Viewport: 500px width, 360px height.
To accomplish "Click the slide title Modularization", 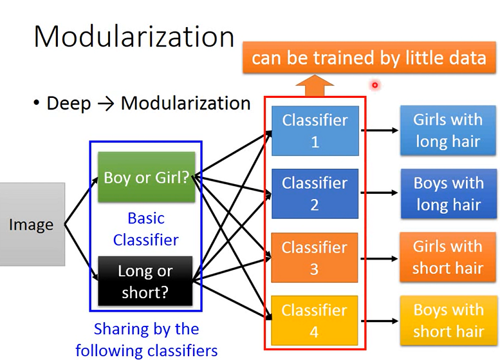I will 133,37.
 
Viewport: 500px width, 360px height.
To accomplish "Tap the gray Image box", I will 32,224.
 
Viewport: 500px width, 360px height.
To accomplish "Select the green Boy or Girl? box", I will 146,177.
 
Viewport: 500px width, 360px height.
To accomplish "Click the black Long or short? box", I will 145,281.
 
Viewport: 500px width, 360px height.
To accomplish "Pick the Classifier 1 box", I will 315,131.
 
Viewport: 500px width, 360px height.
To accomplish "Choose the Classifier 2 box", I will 315,194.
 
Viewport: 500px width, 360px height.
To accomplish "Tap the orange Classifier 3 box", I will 315,258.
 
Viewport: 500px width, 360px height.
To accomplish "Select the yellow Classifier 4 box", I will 315,321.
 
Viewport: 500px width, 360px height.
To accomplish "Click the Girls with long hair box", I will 448,131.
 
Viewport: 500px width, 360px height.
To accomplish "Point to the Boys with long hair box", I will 449,194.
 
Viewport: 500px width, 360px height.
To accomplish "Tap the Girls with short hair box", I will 448,257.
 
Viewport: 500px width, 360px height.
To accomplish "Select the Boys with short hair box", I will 448,321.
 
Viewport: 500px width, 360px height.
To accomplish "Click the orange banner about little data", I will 369,58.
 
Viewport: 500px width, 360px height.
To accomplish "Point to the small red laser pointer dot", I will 374,84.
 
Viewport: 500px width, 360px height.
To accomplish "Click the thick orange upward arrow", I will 315,86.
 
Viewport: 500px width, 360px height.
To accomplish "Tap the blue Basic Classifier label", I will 146,229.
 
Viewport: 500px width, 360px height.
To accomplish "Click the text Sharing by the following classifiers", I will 146,339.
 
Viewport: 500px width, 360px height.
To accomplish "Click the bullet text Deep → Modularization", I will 148,103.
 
